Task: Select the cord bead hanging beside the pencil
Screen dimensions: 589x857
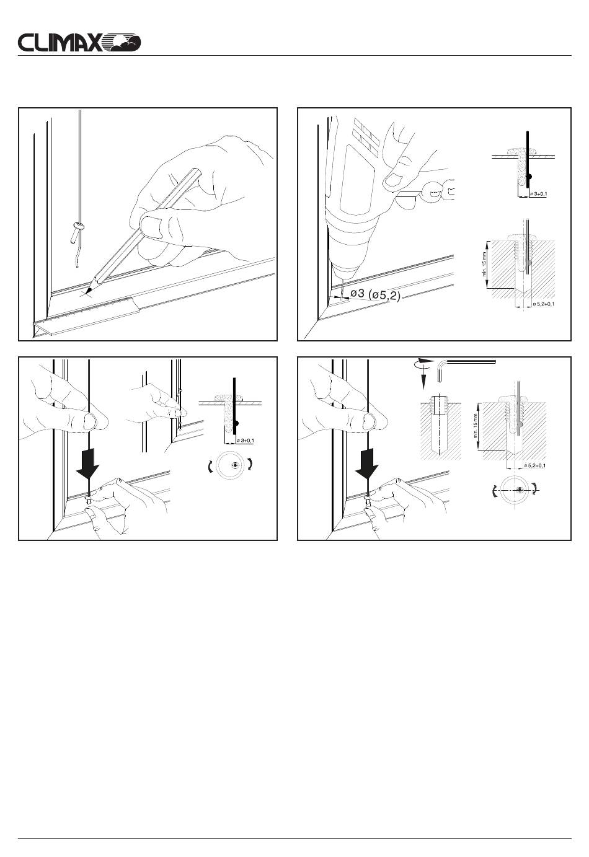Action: pos(77,227)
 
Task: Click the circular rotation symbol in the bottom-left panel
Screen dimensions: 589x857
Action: pos(234,466)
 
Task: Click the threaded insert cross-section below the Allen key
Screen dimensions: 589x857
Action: pos(440,409)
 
